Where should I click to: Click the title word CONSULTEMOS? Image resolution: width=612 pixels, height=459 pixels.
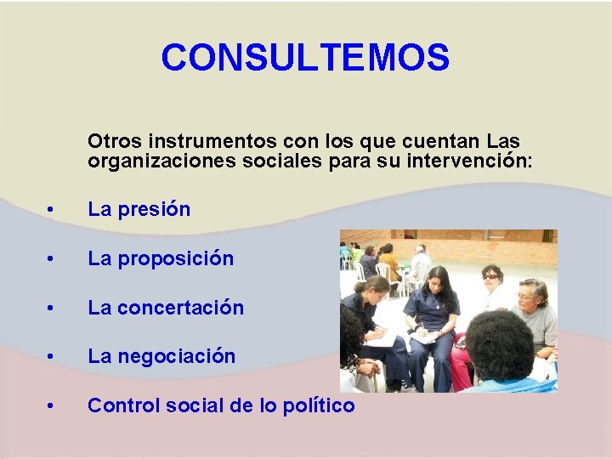pyautogui.click(x=305, y=58)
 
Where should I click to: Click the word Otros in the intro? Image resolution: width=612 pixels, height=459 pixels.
pyautogui.click(x=115, y=140)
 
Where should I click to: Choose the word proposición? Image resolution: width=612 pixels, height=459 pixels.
pyautogui.click(x=175, y=258)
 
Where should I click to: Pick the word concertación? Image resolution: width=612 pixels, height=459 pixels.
pyautogui.click(x=181, y=308)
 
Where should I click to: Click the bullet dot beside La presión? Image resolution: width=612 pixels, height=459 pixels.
pyautogui.click(x=52, y=210)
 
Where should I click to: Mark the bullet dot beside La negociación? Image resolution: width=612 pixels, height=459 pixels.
pyautogui.click(x=52, y=357)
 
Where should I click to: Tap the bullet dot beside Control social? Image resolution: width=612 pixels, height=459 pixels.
pyautogui.click(x=52, y=406)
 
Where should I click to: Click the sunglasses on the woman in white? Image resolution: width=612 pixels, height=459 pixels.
pyautogui.click(x=491, y=276)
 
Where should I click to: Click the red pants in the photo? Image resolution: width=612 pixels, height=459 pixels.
pyautogui.click(x=460, y=361)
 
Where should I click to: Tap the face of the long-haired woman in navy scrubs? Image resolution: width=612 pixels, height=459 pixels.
pyautogui.click(x=440, y=287)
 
